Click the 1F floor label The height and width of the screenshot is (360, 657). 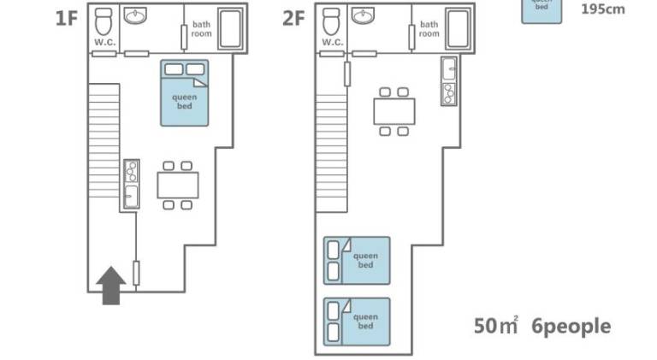67,19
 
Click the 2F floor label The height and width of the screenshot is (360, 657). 293,19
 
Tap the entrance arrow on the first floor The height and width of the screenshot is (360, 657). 111,286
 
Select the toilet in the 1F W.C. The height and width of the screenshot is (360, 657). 104,21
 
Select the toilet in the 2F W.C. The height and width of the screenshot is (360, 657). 331,21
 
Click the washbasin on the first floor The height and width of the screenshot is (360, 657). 135,16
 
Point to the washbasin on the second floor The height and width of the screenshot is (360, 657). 363,16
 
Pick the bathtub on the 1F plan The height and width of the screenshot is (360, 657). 230,29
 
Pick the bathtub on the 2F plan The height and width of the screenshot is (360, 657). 458,29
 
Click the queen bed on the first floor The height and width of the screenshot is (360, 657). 185,93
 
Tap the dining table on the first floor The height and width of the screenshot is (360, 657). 178,186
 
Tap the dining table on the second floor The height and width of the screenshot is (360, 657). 394,111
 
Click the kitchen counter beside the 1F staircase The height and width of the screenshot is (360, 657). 132,184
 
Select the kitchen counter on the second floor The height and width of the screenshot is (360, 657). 449,81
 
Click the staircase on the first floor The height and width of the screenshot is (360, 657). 104,141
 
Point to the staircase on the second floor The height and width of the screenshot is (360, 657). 331,153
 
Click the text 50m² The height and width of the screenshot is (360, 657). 496,326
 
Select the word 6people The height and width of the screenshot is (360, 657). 571,327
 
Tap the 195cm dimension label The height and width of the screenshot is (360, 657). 603,9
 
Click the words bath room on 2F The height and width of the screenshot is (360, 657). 429,29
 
